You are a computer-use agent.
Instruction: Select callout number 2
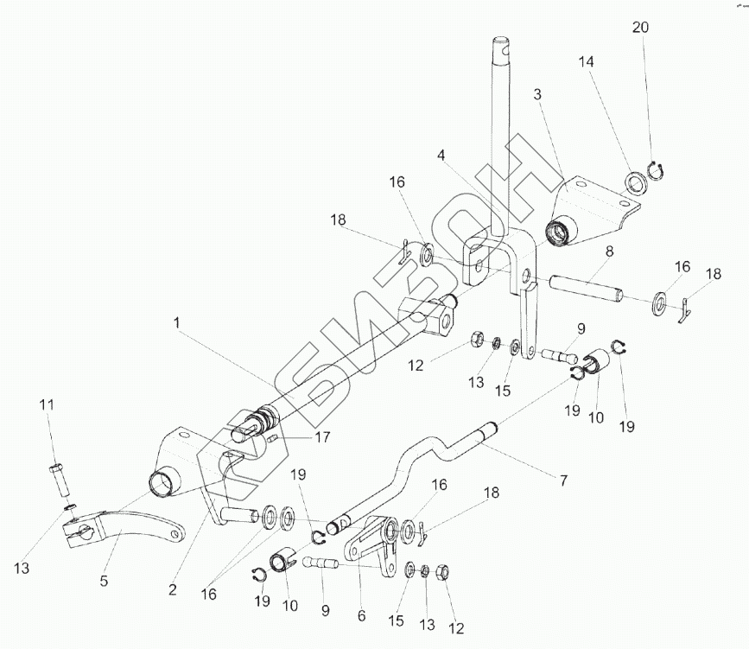tap(173, 590)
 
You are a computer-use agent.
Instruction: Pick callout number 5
tap(104, 582)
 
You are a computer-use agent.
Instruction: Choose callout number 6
tap(361, 616)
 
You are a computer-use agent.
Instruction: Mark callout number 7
tap(562, 480)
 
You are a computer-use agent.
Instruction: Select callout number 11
tap(48, 404)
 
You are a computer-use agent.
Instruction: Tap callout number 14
tap(587, 63)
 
